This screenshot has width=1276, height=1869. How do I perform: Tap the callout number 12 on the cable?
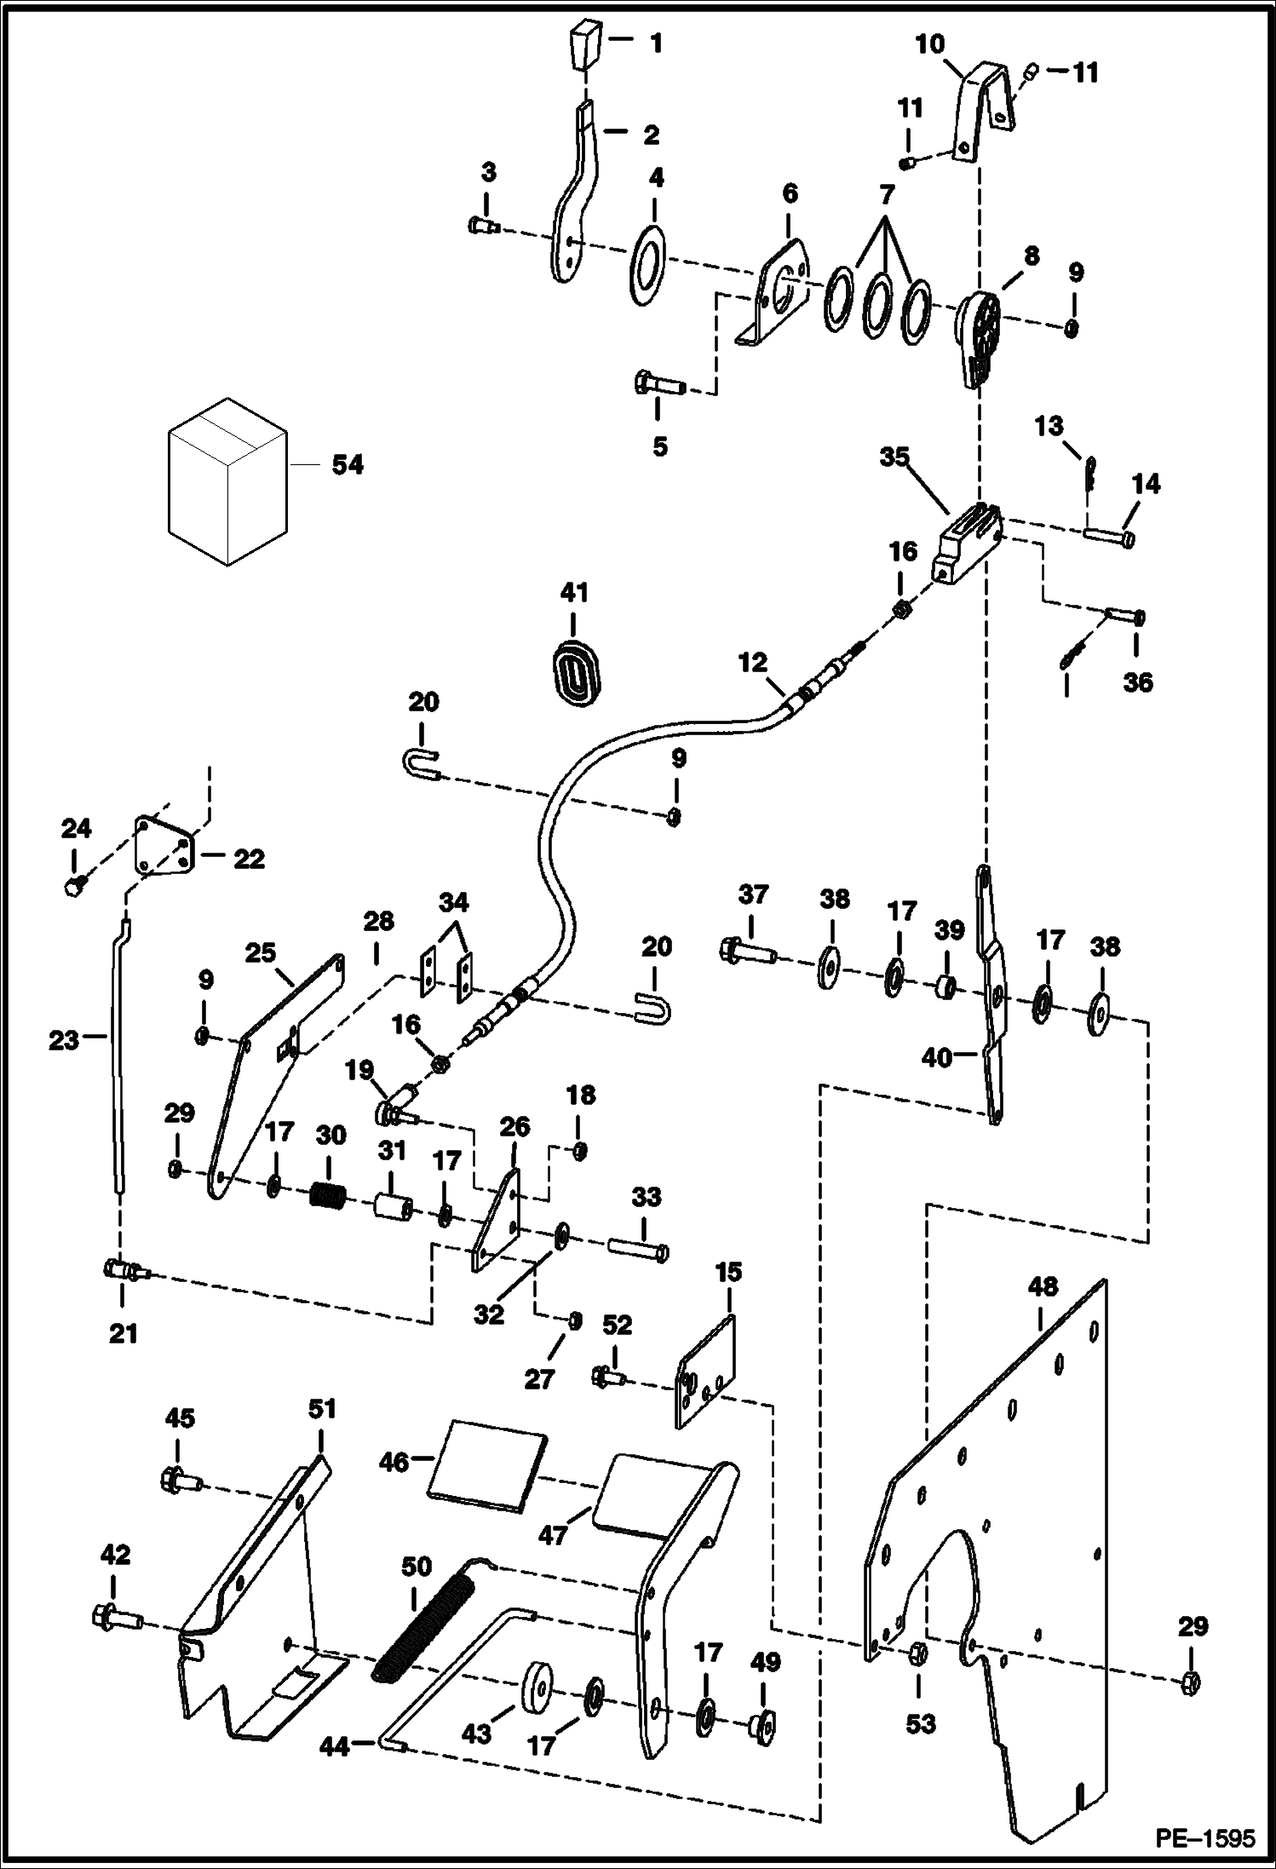(753, 662)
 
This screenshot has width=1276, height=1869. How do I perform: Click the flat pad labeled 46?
(486, 1467)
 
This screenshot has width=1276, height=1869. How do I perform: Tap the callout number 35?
(895, 457)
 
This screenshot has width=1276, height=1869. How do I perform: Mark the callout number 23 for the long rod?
(63, 1040)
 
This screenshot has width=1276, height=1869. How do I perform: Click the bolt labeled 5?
(659, 385)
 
